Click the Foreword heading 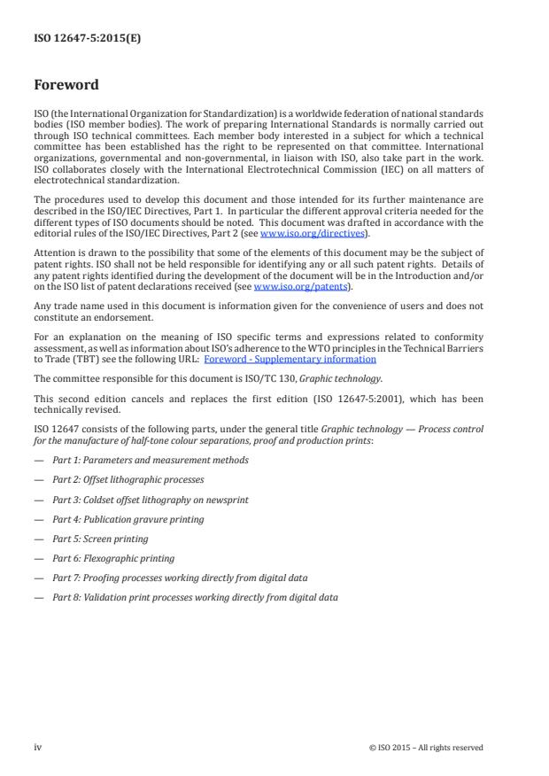pos(66,85)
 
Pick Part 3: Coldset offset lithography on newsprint pos(150,500)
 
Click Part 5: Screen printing pos(100,539)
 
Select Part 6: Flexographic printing pos(113,558)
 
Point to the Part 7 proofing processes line pos(180,578)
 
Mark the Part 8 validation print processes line pos(195,597)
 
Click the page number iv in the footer pos(38,747)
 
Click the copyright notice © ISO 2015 pos(426,748)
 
